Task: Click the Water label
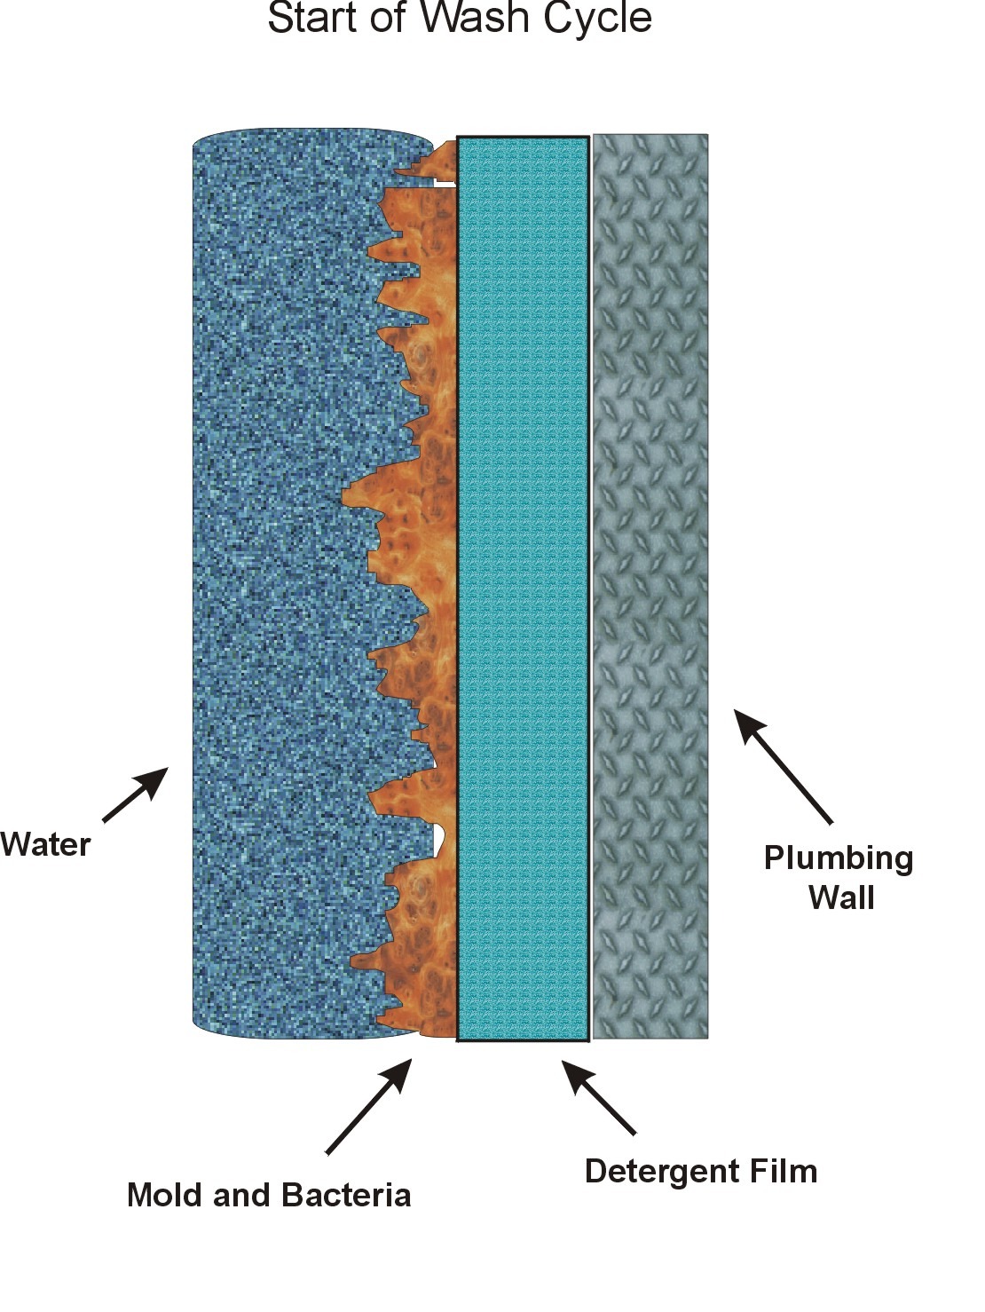45,843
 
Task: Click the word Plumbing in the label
839,858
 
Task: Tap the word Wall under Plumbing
841,897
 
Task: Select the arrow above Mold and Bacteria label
369,1105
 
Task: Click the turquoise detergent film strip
523,586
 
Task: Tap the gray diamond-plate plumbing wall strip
650,586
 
